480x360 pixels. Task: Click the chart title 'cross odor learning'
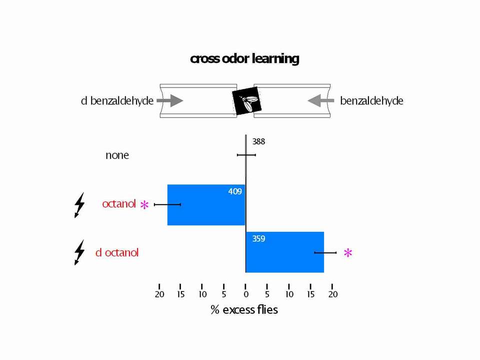[244, 59]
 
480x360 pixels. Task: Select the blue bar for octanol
[206, 205]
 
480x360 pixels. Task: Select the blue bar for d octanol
[285, 252]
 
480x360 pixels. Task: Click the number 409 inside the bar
[235, 191]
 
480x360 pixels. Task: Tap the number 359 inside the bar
[258, 238]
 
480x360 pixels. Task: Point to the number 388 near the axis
[258, 141]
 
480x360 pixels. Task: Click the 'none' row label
[117, 155]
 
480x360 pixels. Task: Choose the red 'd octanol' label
[117, 252]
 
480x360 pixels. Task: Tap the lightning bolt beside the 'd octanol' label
[79, 252]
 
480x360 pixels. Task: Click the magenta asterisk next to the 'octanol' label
[144, 204]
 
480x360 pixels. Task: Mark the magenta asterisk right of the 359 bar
[348, 253]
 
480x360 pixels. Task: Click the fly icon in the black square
[246, 100]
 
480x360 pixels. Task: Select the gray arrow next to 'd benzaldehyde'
[170, 100]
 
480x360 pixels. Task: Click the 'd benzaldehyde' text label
[117, 100]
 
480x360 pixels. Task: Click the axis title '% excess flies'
[244, 310]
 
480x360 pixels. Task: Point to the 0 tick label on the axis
[246, 294]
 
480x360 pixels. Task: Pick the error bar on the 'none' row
[246, 155]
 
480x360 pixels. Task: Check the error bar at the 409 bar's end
[167, 204]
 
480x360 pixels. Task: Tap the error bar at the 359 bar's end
[325, 252]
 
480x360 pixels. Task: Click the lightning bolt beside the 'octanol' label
[79, 205]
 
